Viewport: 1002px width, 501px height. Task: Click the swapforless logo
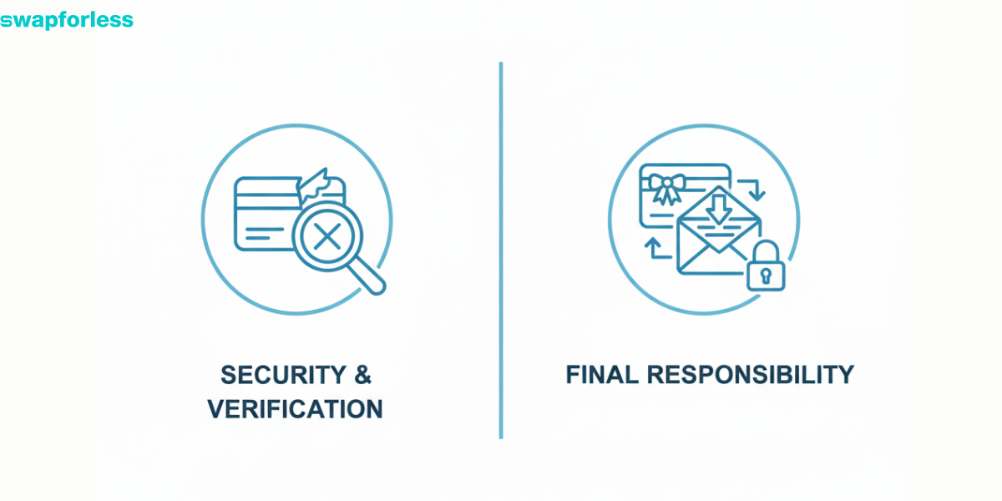(67, 20)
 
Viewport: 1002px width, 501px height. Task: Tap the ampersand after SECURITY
(362, 375)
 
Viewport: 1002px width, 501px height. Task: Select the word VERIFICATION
(296, 409)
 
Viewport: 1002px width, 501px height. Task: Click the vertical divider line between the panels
(501, 250)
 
